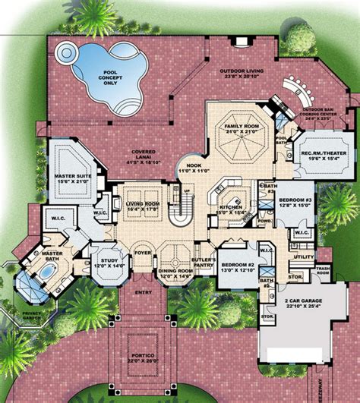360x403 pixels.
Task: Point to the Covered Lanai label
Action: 144,158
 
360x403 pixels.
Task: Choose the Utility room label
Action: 304,257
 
